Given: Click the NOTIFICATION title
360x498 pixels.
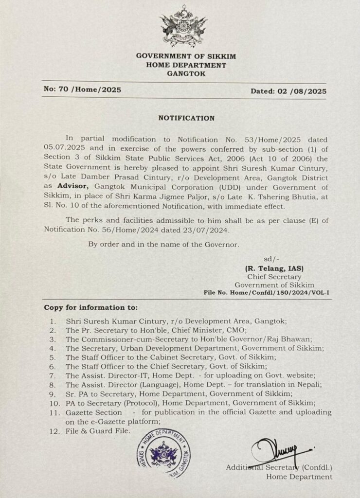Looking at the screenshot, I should point(186,118).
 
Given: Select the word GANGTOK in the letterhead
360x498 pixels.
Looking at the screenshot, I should point(186,74).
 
